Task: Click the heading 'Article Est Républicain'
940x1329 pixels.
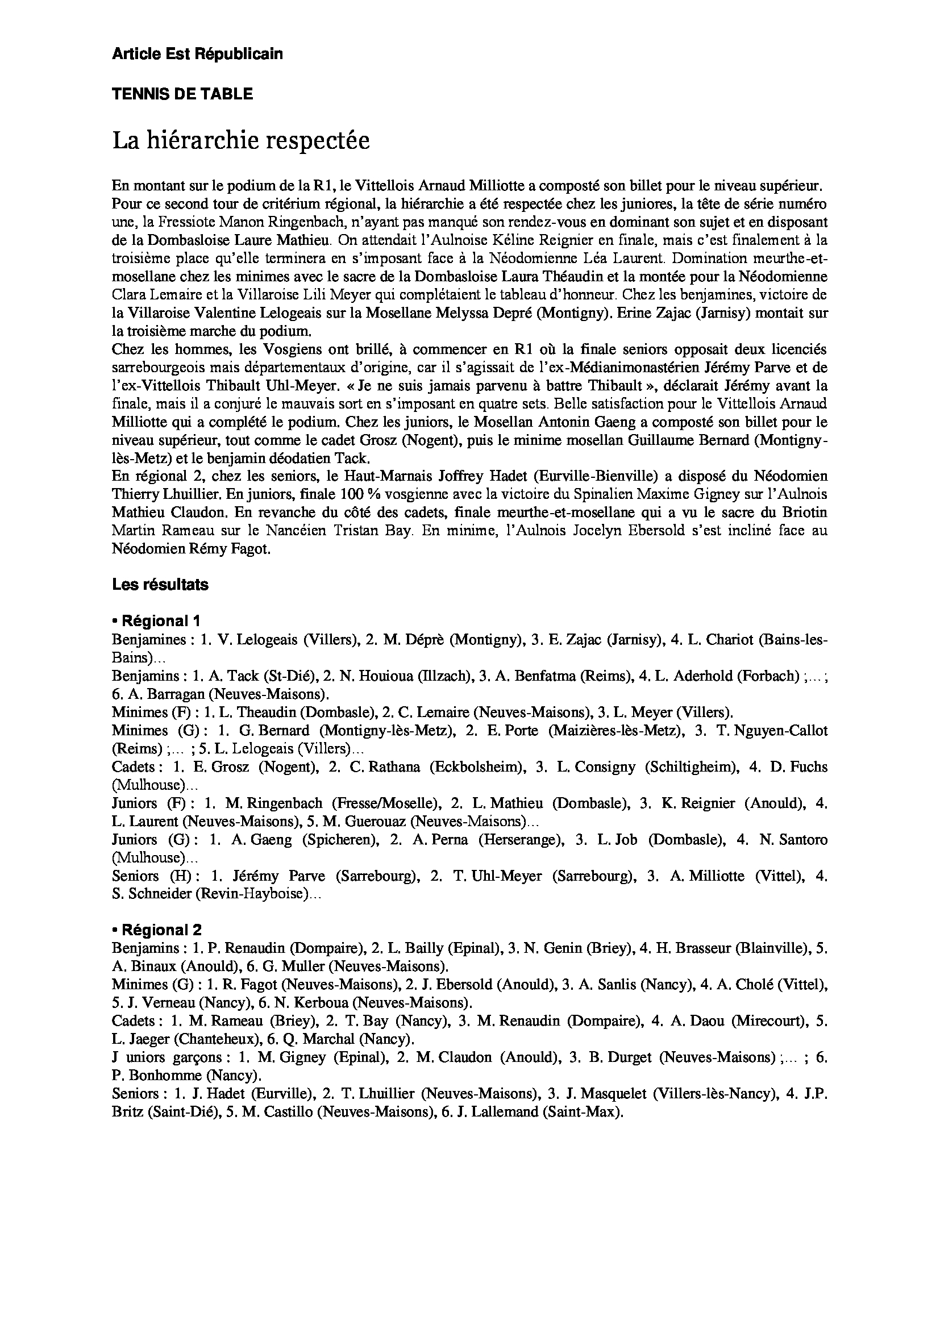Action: pos(197,55)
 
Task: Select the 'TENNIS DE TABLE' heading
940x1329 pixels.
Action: pos(182,94)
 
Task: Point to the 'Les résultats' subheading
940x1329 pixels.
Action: pos(160,585)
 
